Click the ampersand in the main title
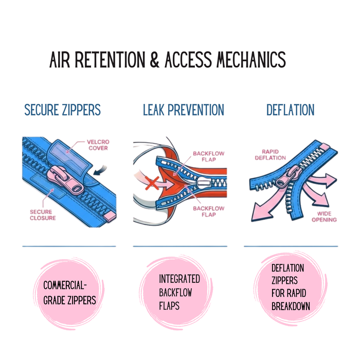pyautogui.click(x=154, y=60)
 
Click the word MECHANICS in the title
pyautogui.click(x=251, y=60)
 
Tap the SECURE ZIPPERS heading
pyautogui.click(x=62, y=110)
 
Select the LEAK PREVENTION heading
pyautogui.click(x=184, y=110)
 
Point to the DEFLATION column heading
pyautogui.click(x=291, y=110)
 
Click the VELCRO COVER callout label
pyautogui.click(x=98, y=145)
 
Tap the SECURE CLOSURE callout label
pyautogui.click(x=43, y=215)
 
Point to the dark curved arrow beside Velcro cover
pyautogui.click(x=100, y=170)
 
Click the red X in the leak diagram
pyautogui.click(x=152, y=183)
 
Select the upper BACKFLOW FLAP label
pyautogui.click(x=208, y=156)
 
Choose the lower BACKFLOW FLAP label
pyautogui.click(x=208, y=211)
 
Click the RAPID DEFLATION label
pyautogui.click(x=270, y=155)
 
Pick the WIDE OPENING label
pyautogui.click(x=324, y=217)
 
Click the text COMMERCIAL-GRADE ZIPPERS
pyautogui.click(x=69, y=293)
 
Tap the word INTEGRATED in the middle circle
pyautogui.click(x=179, y=279)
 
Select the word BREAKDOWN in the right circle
pyautogui.click(x=291, y=306)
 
